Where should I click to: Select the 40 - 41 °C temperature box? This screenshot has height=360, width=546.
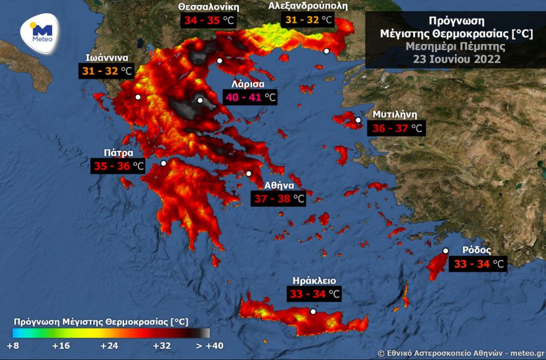click(x=250, y=97)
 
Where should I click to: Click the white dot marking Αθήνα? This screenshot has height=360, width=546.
click(x=249, y=174)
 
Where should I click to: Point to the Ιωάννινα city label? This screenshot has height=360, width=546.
click(x=107, y=58)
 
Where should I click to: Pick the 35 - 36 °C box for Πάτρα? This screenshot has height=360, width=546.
click(x=118, y=166)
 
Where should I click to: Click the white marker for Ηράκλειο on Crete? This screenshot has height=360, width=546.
click(x=313, y=312)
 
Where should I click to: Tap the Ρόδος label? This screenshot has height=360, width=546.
click(x=477, y=250)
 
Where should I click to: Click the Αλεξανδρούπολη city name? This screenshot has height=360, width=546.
click(x=308, y=6)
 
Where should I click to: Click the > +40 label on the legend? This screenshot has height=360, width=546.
click(x=209, y=346)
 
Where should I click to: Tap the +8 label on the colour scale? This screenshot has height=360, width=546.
click(x=13, y=346)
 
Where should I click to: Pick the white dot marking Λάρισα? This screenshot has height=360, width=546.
click(x=200, y=100)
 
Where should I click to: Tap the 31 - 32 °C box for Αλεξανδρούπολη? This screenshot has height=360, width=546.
click(x=308, y=20)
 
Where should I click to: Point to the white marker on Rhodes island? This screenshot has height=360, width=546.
click(x=445, y=251)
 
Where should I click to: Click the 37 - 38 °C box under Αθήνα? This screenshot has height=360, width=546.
click(x=279, y=199)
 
